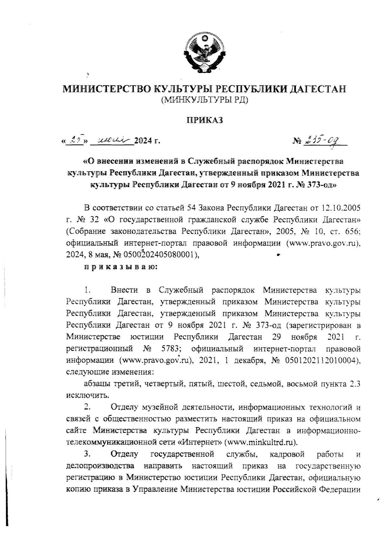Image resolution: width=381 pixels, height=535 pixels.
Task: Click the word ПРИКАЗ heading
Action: [204, 120]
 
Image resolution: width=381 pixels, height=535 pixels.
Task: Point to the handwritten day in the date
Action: [75, 139]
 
